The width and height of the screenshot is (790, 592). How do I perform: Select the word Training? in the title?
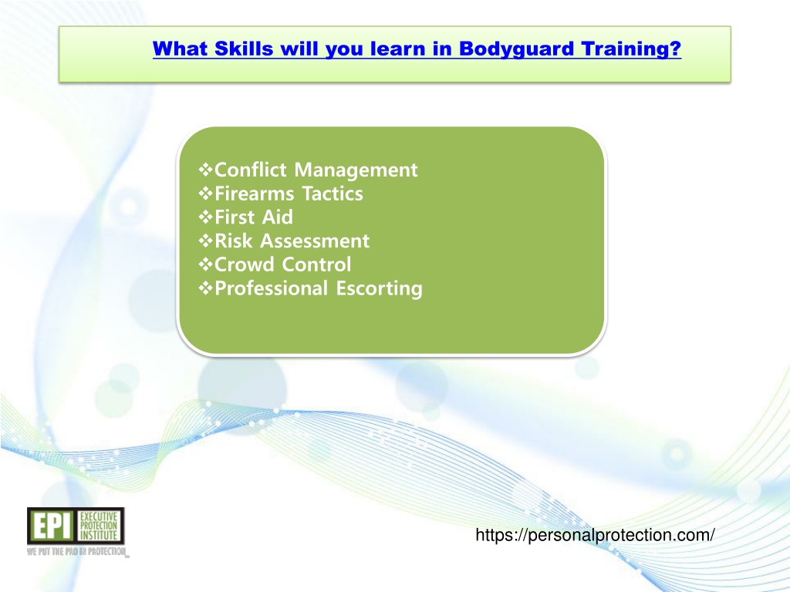631,49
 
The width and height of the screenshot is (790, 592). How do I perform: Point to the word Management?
356,170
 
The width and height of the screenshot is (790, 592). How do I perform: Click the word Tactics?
333,193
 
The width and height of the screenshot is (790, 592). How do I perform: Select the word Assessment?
315,241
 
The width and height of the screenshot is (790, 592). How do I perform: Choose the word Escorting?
379,289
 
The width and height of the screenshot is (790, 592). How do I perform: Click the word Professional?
272,288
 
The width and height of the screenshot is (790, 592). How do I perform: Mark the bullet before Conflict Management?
205,170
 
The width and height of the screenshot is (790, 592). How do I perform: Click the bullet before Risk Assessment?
205,240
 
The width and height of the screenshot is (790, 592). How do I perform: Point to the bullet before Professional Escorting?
205,288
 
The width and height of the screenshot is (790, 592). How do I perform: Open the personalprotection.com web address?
595,535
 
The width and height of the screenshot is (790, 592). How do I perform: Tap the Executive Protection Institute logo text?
99,526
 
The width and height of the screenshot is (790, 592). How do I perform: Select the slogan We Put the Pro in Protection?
77,552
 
